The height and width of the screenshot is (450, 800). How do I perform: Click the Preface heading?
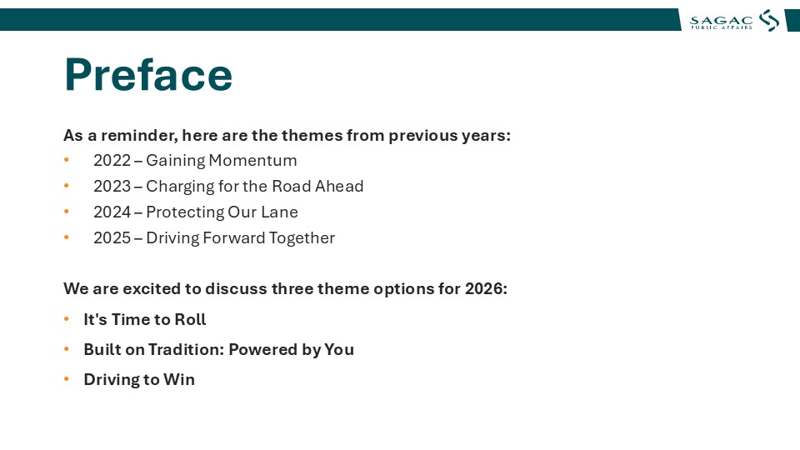click(x=148, y=74)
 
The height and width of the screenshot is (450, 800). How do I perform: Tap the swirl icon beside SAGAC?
click(x=769, y=20)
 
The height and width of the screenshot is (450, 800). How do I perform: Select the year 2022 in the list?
click(x=112, y=160)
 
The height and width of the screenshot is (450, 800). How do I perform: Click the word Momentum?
click(x=252, y=160)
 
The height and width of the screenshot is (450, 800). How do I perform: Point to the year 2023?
click(x=112, y=186)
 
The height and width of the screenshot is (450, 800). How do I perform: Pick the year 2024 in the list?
click(x=112, y=212)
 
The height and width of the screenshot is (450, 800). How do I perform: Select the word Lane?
click(x=280, y=212)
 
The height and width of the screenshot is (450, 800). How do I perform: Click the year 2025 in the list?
click(x=112, y=238)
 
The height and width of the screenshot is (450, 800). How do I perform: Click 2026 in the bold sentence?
click(x=486, y=289)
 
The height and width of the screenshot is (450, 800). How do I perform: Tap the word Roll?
click(x=190, y=319)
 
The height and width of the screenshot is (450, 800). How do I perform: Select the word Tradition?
click(x=186, y=349)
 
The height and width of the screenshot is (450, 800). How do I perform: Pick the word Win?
click(x=179, y=380)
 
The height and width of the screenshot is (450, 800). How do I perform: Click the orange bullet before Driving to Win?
click(x=67, y=379)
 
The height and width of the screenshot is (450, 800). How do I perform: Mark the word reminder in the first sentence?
click(x=139, y=136)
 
